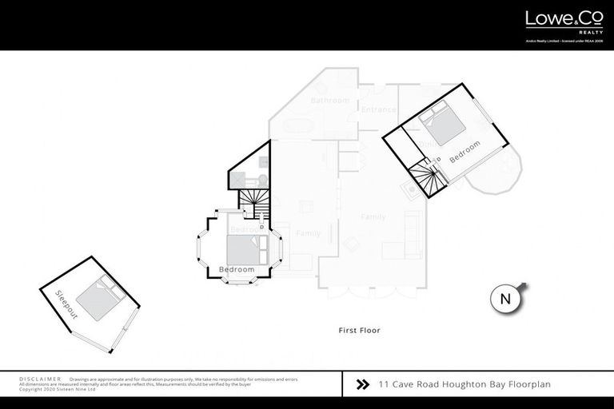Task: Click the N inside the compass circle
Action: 504,300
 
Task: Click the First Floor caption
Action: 359,330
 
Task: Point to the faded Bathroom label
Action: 330,101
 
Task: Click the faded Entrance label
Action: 377,109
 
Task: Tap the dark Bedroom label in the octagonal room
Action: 237,269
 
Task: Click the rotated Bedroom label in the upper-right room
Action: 464,153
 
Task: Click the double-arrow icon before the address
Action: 361,384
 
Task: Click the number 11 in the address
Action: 385,384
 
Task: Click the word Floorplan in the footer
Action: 528,384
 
